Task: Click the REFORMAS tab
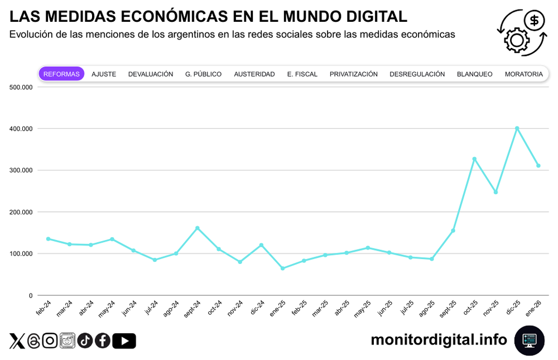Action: coord(61,74)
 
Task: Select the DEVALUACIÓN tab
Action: coord(151,74)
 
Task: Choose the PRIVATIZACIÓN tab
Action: coord(353,74)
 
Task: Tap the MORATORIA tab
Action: coord(523,74)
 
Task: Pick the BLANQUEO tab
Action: coord(474,74)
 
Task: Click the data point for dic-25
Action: coord(517,128)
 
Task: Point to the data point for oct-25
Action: coord(474,159)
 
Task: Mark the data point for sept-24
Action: coord(198,228)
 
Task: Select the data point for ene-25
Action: coord(282,268)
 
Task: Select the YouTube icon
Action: coord(124,340)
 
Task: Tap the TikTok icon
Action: coord(85,340)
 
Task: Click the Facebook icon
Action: coord(103,340)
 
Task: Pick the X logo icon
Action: coord(17,340)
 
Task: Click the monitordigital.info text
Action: coord(439,339)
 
